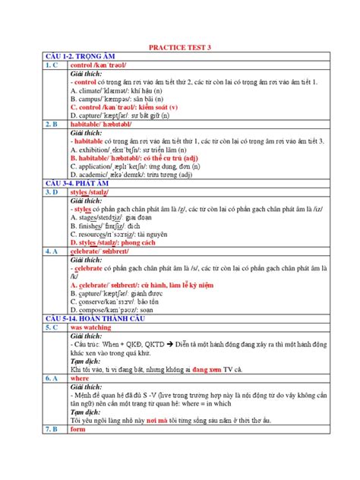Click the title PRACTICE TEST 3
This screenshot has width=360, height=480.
[180, 47]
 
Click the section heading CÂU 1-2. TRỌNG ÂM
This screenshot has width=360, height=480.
[65, 57]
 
